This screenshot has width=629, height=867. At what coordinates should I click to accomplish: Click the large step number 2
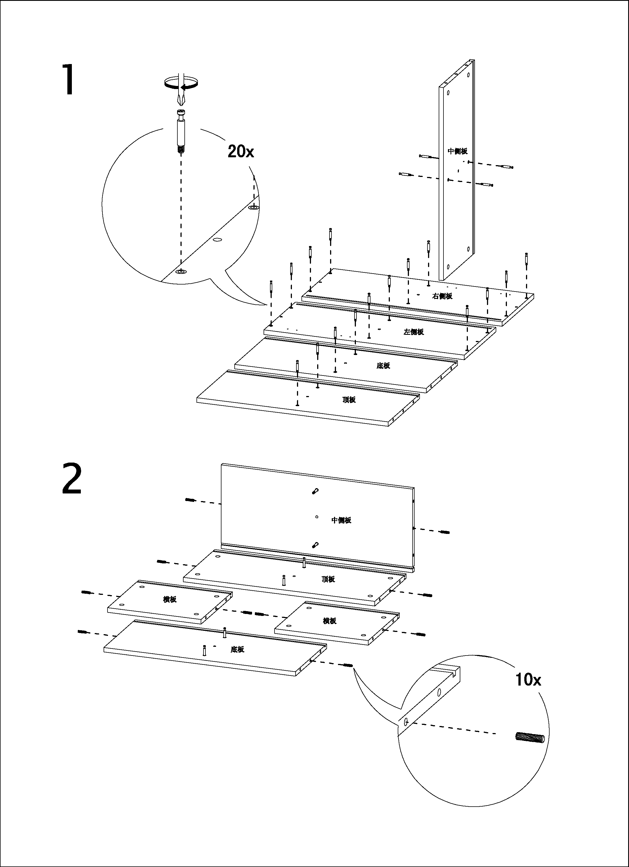coord(72,479)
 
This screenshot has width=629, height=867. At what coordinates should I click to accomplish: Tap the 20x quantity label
coord(241,151)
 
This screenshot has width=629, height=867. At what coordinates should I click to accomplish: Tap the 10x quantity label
coord(528,679)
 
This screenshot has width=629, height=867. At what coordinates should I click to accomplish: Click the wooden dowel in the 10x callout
coord(530,738)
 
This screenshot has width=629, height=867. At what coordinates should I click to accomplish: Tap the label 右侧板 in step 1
coord(442,296)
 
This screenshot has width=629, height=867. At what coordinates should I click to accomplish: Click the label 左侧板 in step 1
coord(413,332)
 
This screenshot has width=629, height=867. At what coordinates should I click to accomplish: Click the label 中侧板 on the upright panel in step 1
coord(458,151)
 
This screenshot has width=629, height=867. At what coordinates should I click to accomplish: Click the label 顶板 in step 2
coord(328,579)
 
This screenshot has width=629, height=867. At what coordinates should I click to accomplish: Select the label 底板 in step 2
coord(237,649)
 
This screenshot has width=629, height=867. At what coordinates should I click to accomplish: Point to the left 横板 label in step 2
coord(170,599)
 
